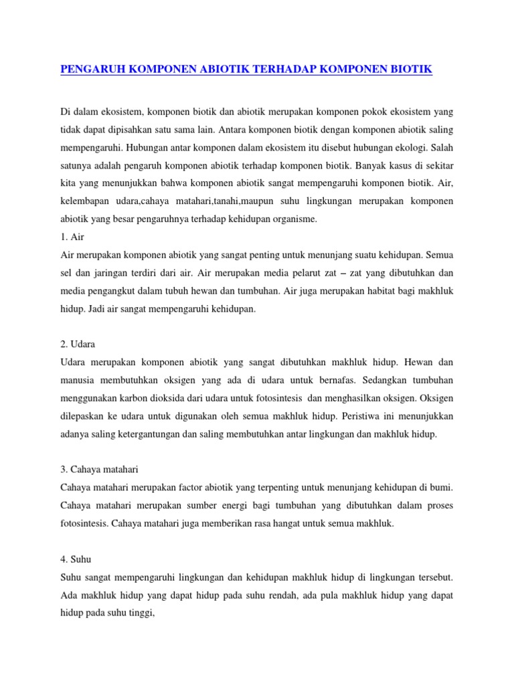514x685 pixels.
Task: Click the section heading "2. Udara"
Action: click(x=78, y=345)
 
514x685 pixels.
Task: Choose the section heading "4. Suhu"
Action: click(x=75, y=560)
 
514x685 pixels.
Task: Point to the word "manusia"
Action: click(x=82, y=381)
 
